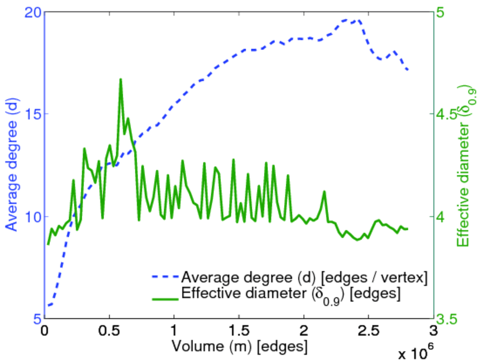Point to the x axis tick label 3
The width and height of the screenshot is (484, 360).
click(433, 331)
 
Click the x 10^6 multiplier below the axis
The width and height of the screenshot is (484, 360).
click(414, 350)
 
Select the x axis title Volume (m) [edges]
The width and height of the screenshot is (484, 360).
click(240, 346)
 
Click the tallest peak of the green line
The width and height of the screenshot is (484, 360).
click(121, 79)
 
